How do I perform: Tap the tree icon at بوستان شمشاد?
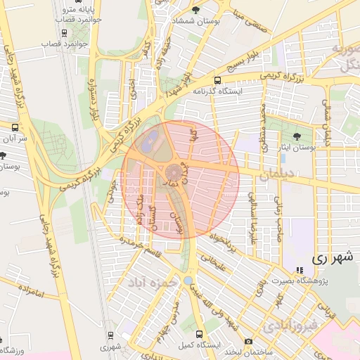coord(195,10)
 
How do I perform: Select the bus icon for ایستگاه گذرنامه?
coord(217,80)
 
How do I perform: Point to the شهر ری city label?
coord(328,258)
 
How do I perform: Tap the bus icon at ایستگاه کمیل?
coord(199,335)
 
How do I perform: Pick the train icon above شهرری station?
coord(110,336)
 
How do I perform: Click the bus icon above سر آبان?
coord(15,127)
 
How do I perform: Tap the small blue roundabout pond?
coord(188,281)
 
